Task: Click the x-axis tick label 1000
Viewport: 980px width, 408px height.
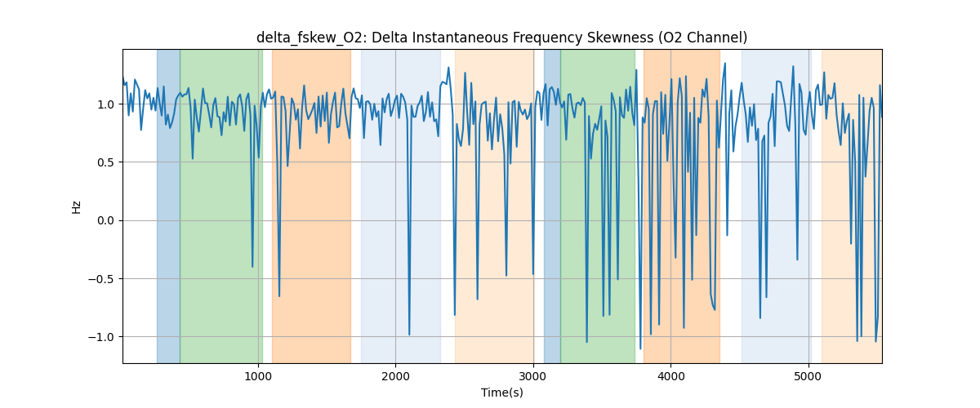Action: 258,376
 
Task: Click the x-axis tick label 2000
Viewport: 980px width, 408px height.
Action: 395,376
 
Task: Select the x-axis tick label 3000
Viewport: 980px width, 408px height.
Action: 533,376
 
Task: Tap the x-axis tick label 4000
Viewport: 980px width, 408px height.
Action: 670,376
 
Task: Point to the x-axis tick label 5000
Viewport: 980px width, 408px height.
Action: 808,376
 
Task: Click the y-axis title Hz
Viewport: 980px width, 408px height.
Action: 77,206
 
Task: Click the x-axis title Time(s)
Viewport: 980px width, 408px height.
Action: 502,392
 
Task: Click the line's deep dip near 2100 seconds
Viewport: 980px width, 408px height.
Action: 409,334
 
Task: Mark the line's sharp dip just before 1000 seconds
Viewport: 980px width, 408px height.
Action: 252,266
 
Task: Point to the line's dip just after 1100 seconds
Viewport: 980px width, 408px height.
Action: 279,295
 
